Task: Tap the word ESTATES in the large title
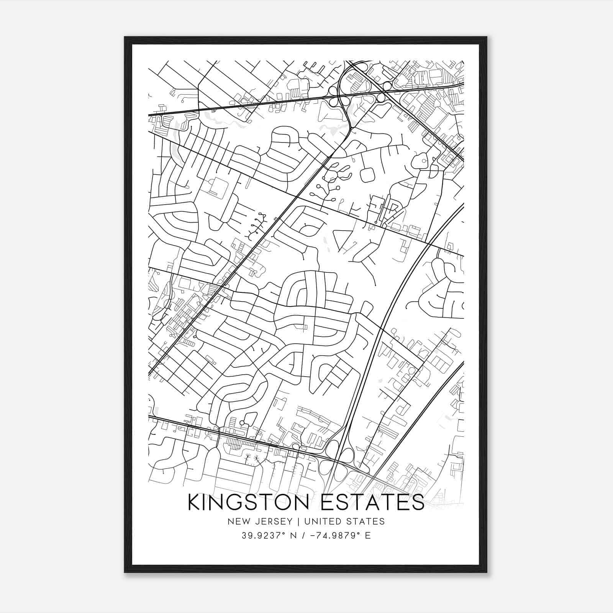point(373,502)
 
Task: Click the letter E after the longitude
point(368,535)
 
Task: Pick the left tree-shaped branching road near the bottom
point(248,458)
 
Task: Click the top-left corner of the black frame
point(125,37)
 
